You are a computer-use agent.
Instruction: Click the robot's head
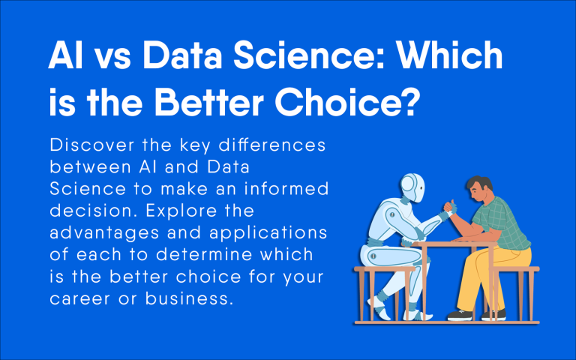coord(414,189)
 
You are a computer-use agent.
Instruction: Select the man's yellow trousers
coord(496,277)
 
